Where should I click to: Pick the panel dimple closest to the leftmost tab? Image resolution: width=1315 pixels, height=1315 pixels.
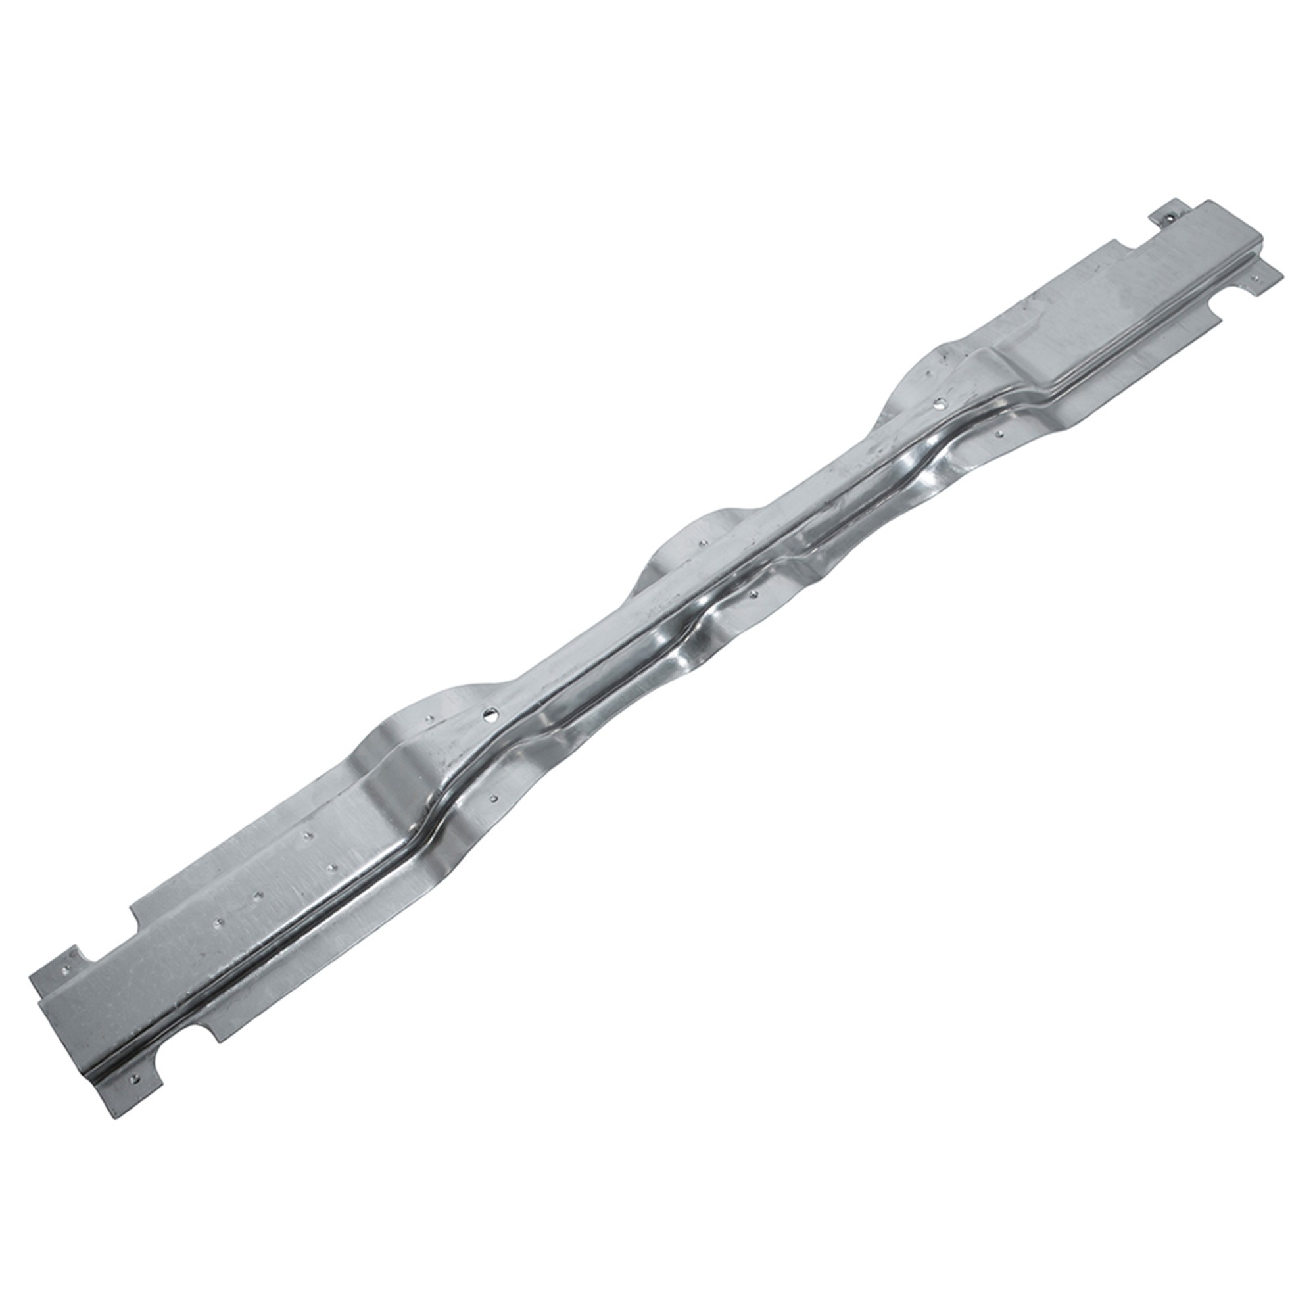pyautogui.click(x=218, y=923)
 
